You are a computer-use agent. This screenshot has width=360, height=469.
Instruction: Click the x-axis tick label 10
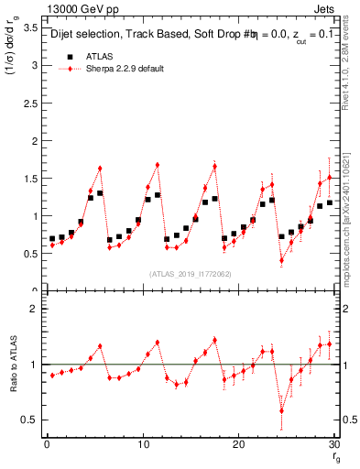(x=142, y=444)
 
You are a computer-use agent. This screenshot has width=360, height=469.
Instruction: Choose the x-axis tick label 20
(x=238, y=444)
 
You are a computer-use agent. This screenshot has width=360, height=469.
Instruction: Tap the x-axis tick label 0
(x=46, y=444)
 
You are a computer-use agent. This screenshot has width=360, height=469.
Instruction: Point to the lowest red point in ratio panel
(x=281, y=409)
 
